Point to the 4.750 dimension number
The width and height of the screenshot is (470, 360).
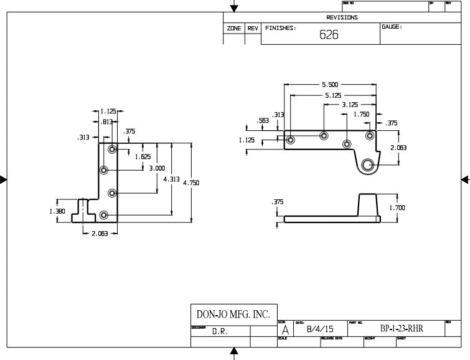tap(190, 182)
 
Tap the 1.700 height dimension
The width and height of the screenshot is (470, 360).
tap(397, 207)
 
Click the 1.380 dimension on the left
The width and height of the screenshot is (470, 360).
tap(57, 211)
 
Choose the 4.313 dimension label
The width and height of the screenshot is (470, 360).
tap(171, 179)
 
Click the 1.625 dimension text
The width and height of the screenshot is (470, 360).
tap(143, 157)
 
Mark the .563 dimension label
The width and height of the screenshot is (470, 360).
tap(263, 121)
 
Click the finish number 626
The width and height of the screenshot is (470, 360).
tap(329, 35)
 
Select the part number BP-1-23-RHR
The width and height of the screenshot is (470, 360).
tap(402, 328)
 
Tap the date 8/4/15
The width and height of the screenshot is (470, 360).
tap(321, 329)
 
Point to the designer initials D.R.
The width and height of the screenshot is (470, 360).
tap(220, 332)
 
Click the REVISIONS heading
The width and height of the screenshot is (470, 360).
tap(342, 17)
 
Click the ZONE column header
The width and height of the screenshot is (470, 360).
tap(233, 29)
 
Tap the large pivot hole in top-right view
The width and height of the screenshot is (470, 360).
tap(367, 165)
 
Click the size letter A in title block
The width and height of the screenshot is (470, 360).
tap(285, 329)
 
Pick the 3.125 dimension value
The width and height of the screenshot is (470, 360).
tap(350, 105)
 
